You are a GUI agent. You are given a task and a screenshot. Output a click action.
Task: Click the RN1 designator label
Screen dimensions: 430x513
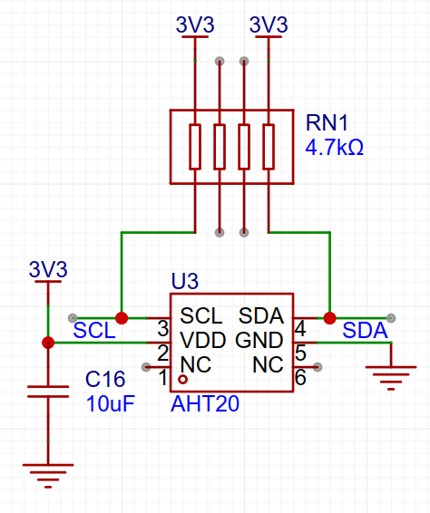(x=327, y=122)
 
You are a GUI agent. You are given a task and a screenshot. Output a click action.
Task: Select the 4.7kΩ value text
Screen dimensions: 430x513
(x=335, y=147)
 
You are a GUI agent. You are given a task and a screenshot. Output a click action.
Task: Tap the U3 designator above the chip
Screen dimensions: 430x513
(x=185, y=281)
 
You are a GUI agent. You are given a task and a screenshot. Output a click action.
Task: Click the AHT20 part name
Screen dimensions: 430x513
(x=205, y=403)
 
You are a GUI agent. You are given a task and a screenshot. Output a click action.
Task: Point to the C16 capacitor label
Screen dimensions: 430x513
(x=105, y=379)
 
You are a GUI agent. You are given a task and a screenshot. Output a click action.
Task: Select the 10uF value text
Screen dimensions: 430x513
(x=111, y=403)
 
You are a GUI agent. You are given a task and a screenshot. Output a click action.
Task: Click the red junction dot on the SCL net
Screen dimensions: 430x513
(x=122, y=318)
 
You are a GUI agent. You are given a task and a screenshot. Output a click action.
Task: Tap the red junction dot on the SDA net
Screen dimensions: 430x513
(x=330, y=318)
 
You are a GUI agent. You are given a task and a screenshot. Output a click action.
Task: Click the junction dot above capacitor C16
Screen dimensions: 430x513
(x=48, y=343)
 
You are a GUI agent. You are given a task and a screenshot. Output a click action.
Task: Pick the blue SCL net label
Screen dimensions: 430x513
(x=94, y=330)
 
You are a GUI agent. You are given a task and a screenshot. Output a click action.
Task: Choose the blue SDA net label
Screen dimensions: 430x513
(x=365, y=330)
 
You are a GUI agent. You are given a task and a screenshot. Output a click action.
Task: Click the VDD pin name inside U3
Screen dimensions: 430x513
(x=203, y=340)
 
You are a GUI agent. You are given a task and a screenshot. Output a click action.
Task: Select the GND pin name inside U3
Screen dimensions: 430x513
(x=259, y=340)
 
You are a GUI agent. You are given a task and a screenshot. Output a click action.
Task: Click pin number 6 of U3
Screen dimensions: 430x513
(x=300, y=377)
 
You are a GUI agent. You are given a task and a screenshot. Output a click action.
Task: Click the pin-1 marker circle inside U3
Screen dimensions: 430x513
(x=182, y=380)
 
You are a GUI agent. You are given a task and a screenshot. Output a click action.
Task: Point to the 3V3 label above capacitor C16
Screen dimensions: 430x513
(x=48, y=269)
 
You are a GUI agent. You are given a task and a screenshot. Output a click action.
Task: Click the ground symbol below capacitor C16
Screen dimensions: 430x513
(x=48, y=476)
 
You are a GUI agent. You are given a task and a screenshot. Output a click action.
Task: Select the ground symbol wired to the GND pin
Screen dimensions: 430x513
(x=391, y=378)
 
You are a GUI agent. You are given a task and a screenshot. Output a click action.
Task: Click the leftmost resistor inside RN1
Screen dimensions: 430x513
(x=195, y=147)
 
